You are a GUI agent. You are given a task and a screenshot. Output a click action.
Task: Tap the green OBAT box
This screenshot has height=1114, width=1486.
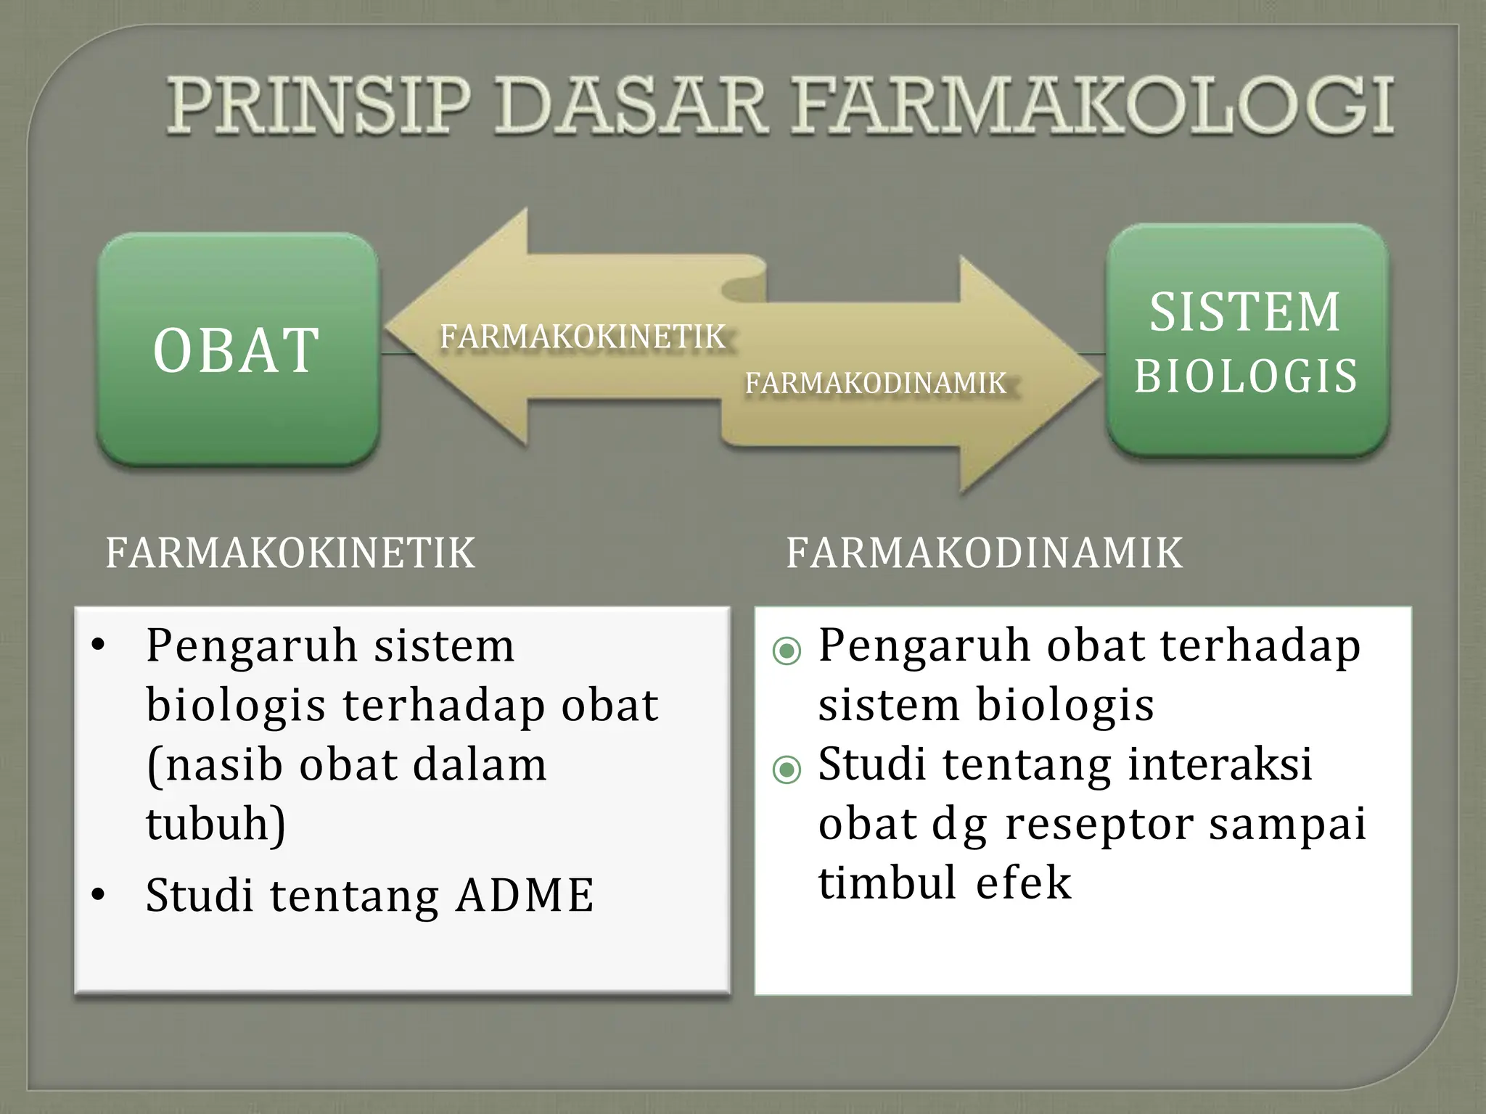(x=237, y=350)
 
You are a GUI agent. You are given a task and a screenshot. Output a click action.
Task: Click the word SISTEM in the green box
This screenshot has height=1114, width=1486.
(x=1245, y=312)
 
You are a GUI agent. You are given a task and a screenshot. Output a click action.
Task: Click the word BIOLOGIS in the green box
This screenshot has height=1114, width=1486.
(x=1245, y=376)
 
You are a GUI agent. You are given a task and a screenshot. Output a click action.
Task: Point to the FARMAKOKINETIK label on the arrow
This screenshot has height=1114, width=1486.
(x=583, y=337)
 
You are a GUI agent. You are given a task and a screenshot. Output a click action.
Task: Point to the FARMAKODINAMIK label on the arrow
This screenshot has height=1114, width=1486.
(x=876, y=383)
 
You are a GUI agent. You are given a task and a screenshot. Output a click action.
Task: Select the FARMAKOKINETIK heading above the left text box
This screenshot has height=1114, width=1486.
(x=290, y=553)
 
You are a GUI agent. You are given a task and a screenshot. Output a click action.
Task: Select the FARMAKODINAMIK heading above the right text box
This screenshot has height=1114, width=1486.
(x=985, y=553)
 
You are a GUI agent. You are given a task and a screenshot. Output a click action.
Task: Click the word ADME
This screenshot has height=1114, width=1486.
(x=525, y=895)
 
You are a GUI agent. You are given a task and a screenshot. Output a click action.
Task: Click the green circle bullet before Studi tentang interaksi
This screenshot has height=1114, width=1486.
(x=787, y=770)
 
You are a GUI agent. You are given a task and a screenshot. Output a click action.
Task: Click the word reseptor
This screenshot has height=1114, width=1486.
(x=1099, y=824)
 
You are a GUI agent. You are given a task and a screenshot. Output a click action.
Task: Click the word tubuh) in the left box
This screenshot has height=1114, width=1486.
(x=216, y=824)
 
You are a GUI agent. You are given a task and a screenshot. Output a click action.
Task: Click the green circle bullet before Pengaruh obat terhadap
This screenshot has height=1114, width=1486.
(x=787, y=651)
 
